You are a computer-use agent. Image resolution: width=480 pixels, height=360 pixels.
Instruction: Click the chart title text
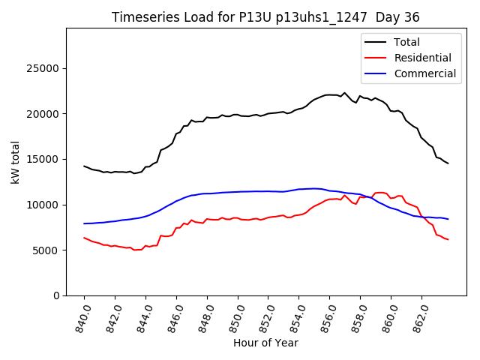tap(265, 17)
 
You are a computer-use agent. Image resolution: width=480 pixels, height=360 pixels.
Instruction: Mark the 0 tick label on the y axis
tap(57, 295)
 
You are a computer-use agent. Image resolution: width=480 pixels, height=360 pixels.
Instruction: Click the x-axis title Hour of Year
tap(265, 343)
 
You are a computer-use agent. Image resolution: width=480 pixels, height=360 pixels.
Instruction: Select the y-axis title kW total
tap(15, 162)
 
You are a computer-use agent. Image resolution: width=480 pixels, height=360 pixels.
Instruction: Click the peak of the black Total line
tap(344, 93)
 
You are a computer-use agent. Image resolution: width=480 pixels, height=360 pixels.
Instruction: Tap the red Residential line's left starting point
tap(84, 238)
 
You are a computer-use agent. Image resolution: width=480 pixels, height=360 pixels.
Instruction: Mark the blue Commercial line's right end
tap(448, 219)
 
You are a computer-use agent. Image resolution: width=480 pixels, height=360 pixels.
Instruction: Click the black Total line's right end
tap(448, 163)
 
